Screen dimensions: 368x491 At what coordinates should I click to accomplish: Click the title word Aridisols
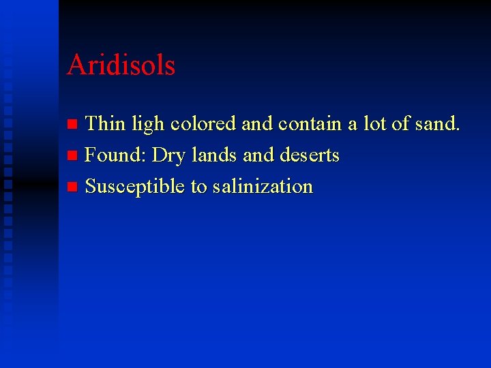(x=121, y=65)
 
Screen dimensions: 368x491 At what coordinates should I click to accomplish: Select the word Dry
(x=168, y=156)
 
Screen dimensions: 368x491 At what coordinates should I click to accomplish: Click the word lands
(x=214, y=155)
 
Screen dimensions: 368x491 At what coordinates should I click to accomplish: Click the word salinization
(x=263, y=187)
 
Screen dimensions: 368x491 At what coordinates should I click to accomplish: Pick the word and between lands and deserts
(x=258, y=155)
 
